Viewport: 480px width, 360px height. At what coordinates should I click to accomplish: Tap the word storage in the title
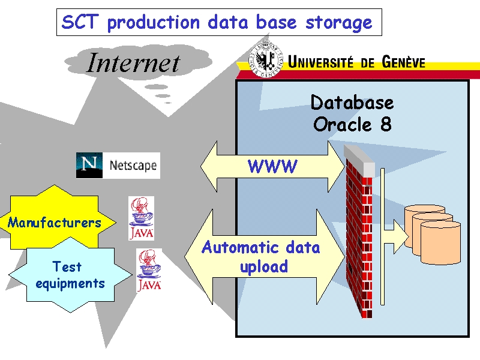339,23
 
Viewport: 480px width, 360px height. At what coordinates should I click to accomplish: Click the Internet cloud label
133,63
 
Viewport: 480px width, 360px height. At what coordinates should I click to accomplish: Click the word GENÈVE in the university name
398,62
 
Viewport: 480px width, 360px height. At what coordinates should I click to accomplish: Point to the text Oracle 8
352,125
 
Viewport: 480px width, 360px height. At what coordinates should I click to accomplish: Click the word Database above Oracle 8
352,103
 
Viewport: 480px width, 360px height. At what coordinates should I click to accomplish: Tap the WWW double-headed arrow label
272,167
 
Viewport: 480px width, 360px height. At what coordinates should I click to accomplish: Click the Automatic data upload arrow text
261,257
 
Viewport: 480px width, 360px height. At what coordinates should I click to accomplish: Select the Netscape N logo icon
89,165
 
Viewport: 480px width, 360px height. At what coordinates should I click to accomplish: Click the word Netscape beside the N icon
133,165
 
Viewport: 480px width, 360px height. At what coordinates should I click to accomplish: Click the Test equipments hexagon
70,275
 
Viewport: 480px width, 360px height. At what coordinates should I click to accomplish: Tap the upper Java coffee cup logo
141,218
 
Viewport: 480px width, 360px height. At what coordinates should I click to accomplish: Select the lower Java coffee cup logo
148,270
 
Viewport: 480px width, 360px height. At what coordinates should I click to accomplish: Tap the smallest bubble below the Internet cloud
167,103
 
